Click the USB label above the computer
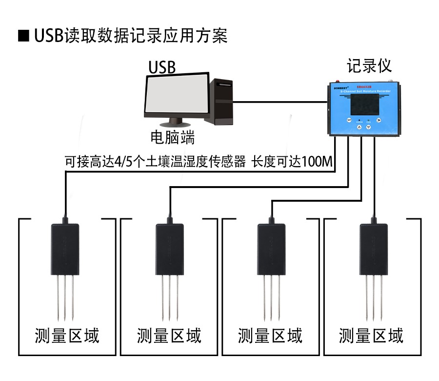tap(162, 67)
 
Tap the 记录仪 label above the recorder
tap(369, 65)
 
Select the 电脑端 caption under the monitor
tap(172, 138)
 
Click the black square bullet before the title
tap(23, 37)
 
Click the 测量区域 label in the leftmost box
tap(67, 336)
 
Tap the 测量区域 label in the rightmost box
tap(371, 336)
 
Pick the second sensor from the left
tap(169, 249)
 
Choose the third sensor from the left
tap(271, 249)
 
